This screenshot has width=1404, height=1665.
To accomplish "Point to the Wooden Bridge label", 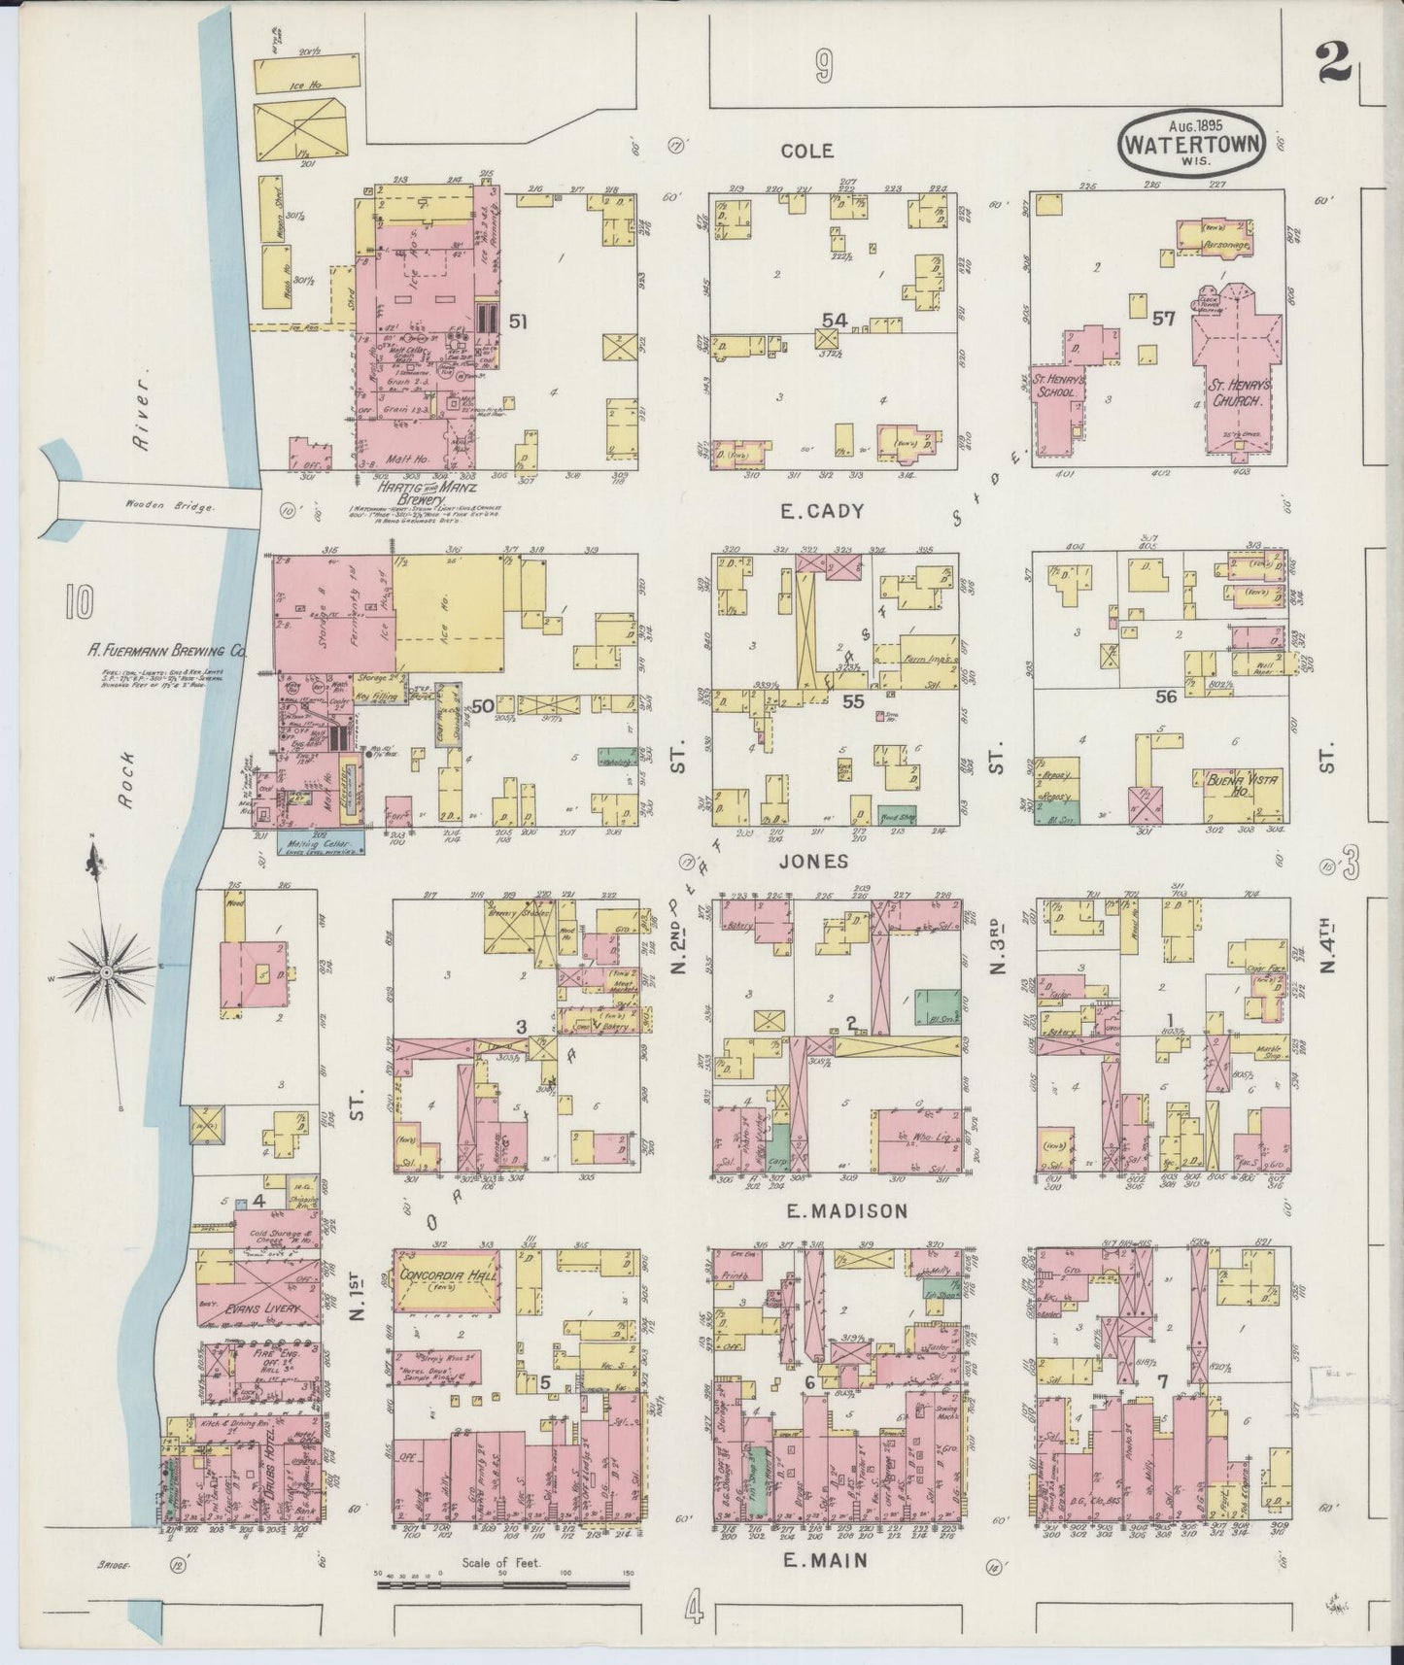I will (156, 506).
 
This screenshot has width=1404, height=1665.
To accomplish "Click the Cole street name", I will (807, 151).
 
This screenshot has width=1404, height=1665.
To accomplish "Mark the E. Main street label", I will (830, 1560).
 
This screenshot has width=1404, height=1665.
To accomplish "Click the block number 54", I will (834, 320).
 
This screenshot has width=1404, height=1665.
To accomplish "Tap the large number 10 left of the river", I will (80, 604).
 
